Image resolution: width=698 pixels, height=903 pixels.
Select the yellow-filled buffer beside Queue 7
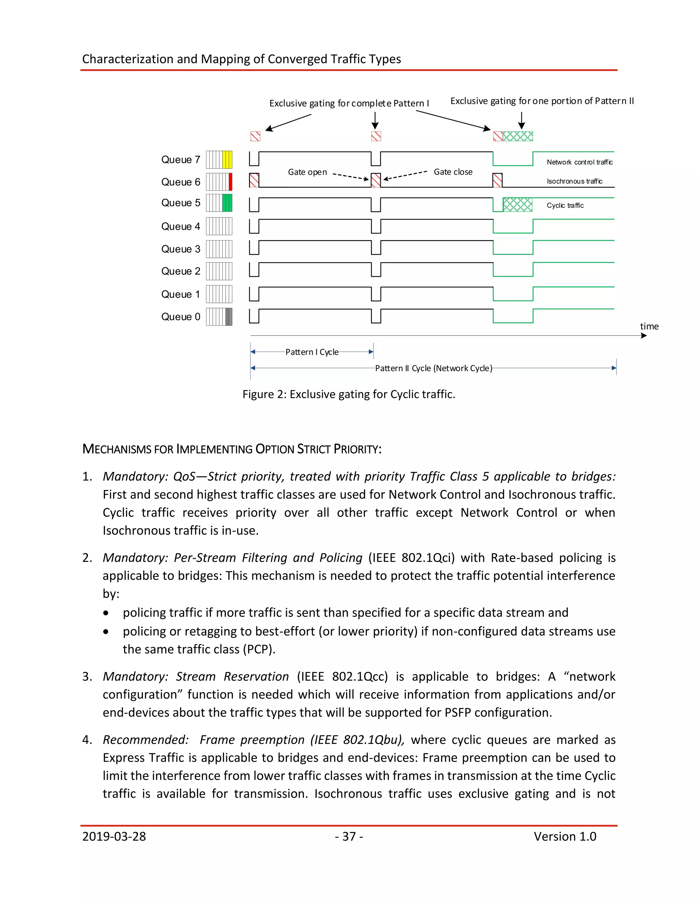227,159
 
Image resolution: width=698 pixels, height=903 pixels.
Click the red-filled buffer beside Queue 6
230,182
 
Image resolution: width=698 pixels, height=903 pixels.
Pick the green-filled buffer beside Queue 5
227,203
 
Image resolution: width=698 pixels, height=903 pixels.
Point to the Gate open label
307,172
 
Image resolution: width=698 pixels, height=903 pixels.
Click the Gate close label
453,172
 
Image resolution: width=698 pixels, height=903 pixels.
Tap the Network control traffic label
579,162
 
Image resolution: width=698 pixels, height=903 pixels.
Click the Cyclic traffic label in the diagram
565,205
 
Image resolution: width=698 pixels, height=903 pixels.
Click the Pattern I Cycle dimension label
312,352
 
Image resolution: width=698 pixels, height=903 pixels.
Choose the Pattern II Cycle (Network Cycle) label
434,368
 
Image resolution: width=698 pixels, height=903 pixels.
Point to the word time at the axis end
649,326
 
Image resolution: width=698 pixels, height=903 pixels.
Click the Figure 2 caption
349,394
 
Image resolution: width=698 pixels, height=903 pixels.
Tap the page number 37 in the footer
349,836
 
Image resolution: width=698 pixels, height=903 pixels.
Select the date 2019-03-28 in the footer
114,836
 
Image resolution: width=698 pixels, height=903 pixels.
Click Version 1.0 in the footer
565,836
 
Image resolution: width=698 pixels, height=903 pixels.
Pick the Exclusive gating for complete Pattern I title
349,103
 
